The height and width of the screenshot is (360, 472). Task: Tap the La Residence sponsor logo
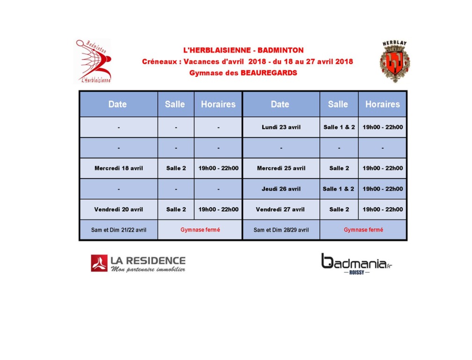coord(138,263)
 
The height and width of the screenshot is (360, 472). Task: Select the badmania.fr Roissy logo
coord(356,264)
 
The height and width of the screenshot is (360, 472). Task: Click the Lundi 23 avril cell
coord(281,127)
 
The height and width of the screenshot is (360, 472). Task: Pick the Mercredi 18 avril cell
coord(118,168)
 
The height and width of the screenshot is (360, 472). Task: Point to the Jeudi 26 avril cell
coord(281,189)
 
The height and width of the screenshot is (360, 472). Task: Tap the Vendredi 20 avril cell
coord(118,210)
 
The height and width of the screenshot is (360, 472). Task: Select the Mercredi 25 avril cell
coord(281,168)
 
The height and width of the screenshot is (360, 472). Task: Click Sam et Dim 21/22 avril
coord(118,230)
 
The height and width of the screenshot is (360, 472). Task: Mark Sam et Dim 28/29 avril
coord(281,230)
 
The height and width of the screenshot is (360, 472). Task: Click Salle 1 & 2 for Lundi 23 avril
coord(339,127)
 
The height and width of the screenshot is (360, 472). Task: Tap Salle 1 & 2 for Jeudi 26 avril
coord(339,189)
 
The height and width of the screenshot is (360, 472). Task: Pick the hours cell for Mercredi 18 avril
coord(218,168)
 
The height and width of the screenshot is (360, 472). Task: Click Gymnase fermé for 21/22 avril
coord(200,230)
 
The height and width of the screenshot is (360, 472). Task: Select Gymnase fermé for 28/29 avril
coord(363,230)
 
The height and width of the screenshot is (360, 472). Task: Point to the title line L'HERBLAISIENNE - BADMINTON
coord(243,50)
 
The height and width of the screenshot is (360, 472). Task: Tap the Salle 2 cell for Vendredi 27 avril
coord(339,210)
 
